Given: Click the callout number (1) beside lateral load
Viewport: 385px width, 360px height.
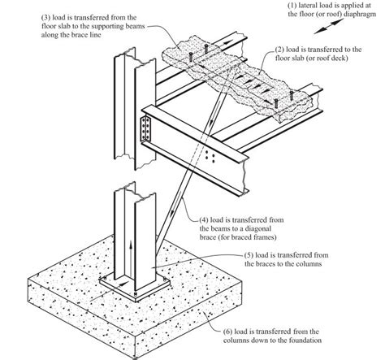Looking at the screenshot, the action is click(x=292, y=6).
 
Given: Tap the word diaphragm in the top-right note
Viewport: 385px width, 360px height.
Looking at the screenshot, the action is click(x=360, y=14).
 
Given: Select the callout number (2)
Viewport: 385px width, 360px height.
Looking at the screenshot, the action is click(x=280, y=50).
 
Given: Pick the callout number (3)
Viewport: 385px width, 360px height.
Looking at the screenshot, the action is click(x=45, y=18).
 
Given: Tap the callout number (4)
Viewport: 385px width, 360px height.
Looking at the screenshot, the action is click(x=204, y=220).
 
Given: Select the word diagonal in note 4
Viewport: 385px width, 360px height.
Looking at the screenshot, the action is click(x=257, y=228).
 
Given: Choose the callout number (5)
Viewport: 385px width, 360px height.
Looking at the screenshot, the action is click(x=249, y=255).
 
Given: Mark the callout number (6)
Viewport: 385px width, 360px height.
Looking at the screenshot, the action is click(x=228, y=332).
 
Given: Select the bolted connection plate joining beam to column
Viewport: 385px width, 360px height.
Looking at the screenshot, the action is click(x=145, y=129).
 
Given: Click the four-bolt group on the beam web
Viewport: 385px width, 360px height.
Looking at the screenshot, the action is click(x=210, y=157).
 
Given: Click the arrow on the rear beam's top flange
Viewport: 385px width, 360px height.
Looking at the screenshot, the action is click(x=227, y=42).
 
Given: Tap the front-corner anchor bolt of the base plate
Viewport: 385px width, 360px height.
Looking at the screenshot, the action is click(x=136, y=294).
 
